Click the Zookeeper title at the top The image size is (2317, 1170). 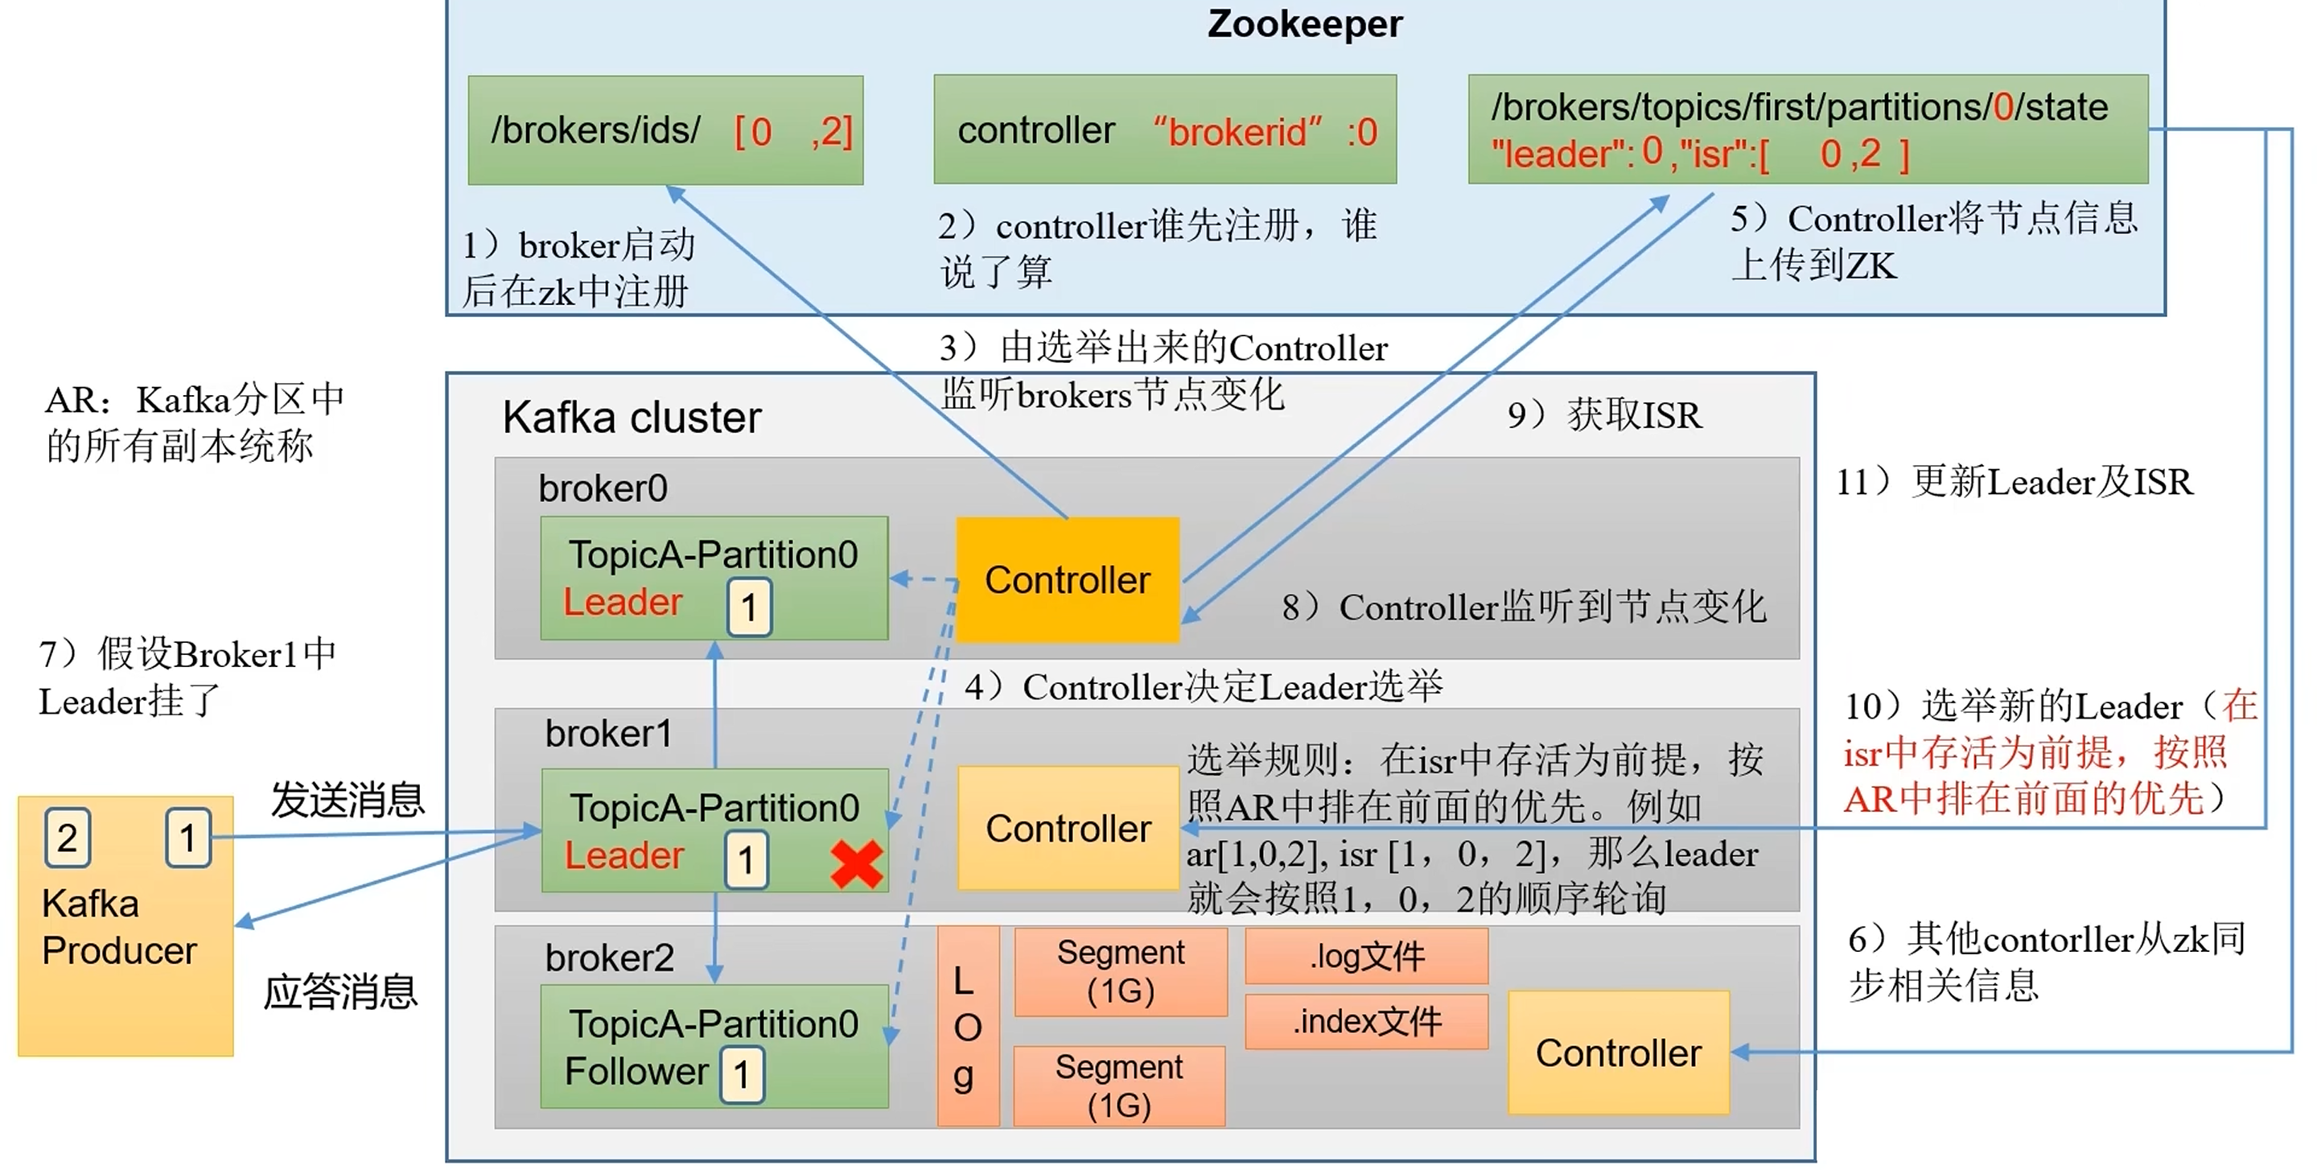[1304, 24]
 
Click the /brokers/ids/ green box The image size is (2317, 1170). [665, 130]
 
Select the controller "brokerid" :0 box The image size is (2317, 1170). [1165, 130]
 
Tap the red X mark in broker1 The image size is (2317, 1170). [856, 864]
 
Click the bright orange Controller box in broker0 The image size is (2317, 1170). [1068, 580]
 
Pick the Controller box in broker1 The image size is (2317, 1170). [1068, 828]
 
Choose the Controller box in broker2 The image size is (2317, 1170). [1618, 1053]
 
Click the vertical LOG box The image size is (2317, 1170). [968, 1026]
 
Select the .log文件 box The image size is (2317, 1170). [1366, 956]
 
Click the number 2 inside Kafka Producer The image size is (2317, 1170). [68, 838]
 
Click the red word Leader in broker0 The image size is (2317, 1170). [623, 602]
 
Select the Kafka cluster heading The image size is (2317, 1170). [632, 418]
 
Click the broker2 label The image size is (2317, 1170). [609, 958]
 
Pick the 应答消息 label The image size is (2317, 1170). [340, 992]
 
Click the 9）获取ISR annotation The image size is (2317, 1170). [1605, 415]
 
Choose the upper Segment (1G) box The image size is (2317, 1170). [1121, 971]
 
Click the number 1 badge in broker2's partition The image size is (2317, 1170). [742, 1075]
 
